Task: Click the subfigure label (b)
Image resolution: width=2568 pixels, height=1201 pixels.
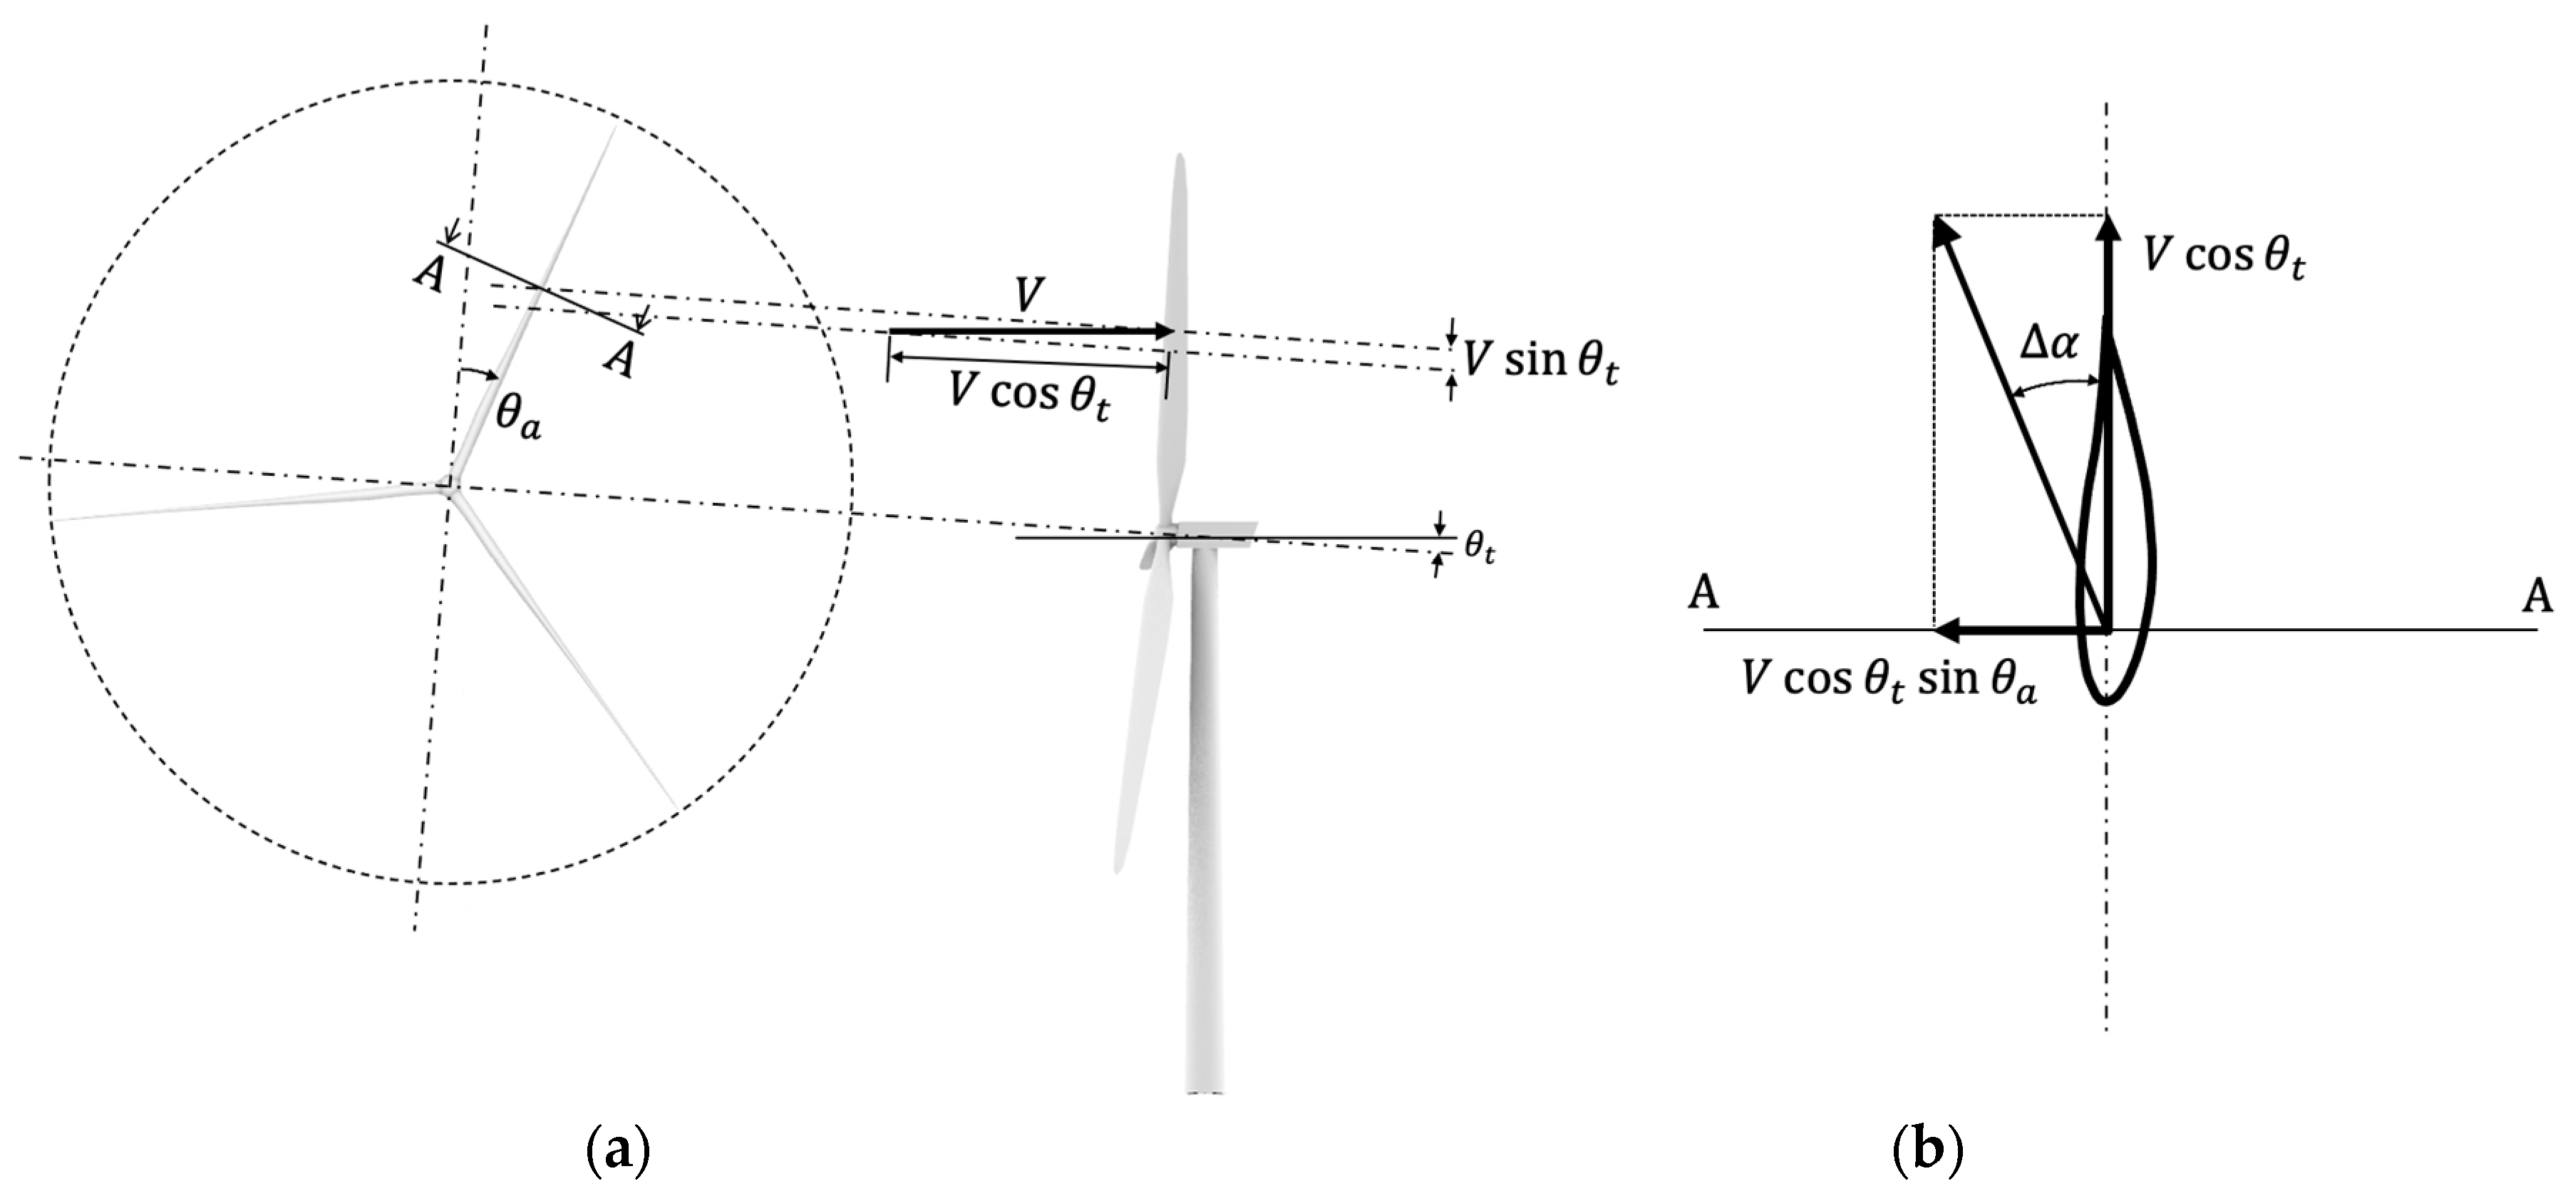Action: [1927, 1152]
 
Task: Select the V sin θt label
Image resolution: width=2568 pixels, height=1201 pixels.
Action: [1541, 360]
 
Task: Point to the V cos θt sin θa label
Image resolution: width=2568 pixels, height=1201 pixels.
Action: [1889, 681]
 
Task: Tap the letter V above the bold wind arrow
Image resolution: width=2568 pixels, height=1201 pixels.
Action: [1028, 296]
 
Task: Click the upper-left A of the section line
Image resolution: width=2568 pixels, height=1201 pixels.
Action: [430, 271]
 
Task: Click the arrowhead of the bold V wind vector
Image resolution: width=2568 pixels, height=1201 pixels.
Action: [1165, 331]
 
